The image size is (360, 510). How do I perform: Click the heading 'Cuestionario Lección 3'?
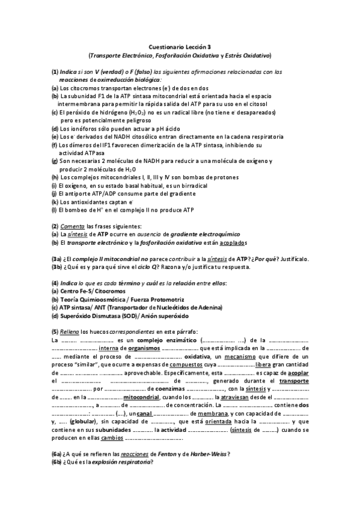[180, 46]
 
